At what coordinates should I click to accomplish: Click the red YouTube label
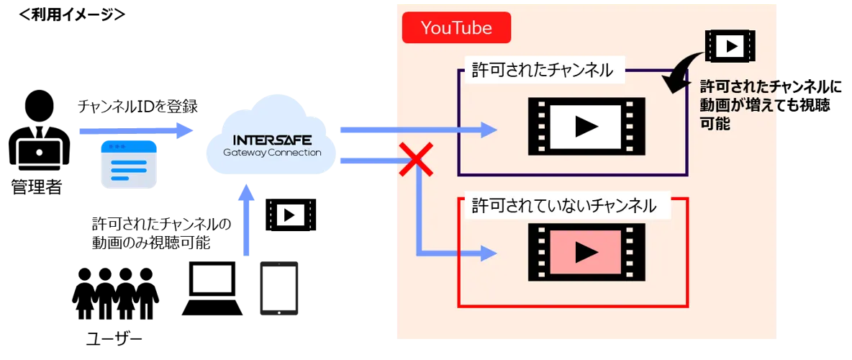456,28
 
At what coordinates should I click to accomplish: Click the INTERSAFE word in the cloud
272,140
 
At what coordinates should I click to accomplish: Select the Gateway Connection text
272,153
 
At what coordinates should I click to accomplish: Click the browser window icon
129,165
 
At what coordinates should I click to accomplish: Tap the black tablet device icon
278,287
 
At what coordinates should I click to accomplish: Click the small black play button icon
290,215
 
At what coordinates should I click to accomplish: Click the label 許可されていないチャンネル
564,206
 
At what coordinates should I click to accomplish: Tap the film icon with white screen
586,127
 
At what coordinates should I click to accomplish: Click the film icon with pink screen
586,252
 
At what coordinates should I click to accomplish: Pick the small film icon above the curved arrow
730,46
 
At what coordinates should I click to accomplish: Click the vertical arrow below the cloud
247,220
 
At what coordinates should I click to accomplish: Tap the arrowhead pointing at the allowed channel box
489,130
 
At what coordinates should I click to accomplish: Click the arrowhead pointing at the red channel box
489,253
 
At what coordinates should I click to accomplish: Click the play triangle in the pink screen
586,252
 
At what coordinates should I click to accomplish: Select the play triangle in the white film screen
586,127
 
